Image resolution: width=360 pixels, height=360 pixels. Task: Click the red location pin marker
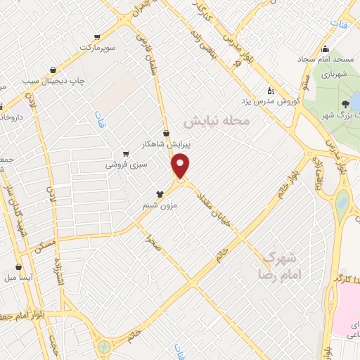pyautogui.click(x=181, y=167)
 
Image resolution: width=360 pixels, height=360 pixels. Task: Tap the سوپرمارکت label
pyautogui.click(x=96, y=47)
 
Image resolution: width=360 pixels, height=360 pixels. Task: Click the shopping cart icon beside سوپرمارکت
pyautogui.click(x=97, y=37)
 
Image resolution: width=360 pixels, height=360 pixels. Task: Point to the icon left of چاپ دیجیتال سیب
pyautogui.click(x=54, y=70)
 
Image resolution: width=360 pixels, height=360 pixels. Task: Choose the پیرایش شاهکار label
pyautogui.click(x=166, y=143)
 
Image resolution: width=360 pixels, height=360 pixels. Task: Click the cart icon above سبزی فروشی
pyautogui.click(x=125, y=154)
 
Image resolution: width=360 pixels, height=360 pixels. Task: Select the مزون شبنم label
pyautogui.click(x=159, y=205)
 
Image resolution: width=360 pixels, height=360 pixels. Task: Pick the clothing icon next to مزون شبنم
pyautogui.click(x=160, y=194)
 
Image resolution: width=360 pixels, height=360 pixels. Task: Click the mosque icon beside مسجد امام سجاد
pyautogui.click(x=325, y=49)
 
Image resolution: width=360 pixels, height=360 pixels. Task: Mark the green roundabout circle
pyautogui.click(x=104, y=346)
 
